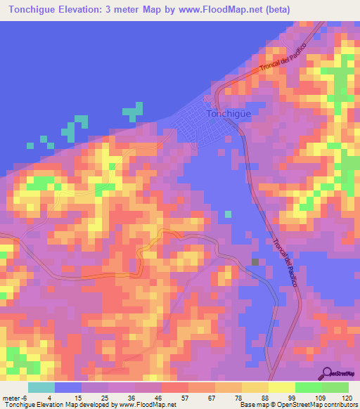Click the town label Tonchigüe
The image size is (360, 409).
229,113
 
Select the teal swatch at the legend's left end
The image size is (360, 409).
41,387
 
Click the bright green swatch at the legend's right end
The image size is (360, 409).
335,387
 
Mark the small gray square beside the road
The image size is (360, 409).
255,262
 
